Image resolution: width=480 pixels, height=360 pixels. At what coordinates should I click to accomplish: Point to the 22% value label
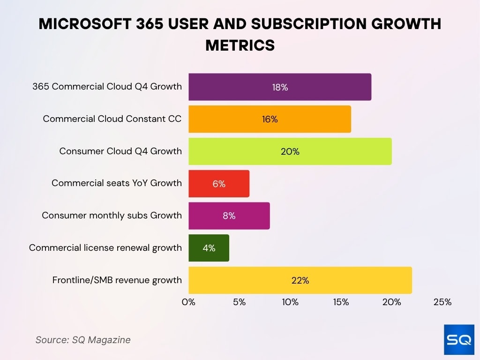[x=300, y=281]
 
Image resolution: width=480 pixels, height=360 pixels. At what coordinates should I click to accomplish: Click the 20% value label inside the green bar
[x=290, y=151]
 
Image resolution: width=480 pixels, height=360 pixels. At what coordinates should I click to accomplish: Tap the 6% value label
[x=219, y=184]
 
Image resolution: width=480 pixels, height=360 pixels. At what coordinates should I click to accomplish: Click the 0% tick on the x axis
[x=188, y=302]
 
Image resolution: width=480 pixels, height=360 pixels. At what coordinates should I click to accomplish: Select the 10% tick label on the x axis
[x=290, y=302]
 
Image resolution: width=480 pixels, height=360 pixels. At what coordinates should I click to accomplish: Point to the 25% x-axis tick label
[x=442, y=302]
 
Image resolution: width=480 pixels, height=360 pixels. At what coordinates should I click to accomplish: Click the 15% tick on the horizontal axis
[x=341, y=302]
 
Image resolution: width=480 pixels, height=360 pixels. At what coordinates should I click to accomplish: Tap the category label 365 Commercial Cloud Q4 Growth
[x=107, y=87]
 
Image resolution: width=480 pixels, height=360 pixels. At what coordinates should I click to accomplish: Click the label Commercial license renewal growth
[x=105, y=247]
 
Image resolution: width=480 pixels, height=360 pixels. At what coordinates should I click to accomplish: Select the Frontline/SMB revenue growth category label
[x=117, y=280]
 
